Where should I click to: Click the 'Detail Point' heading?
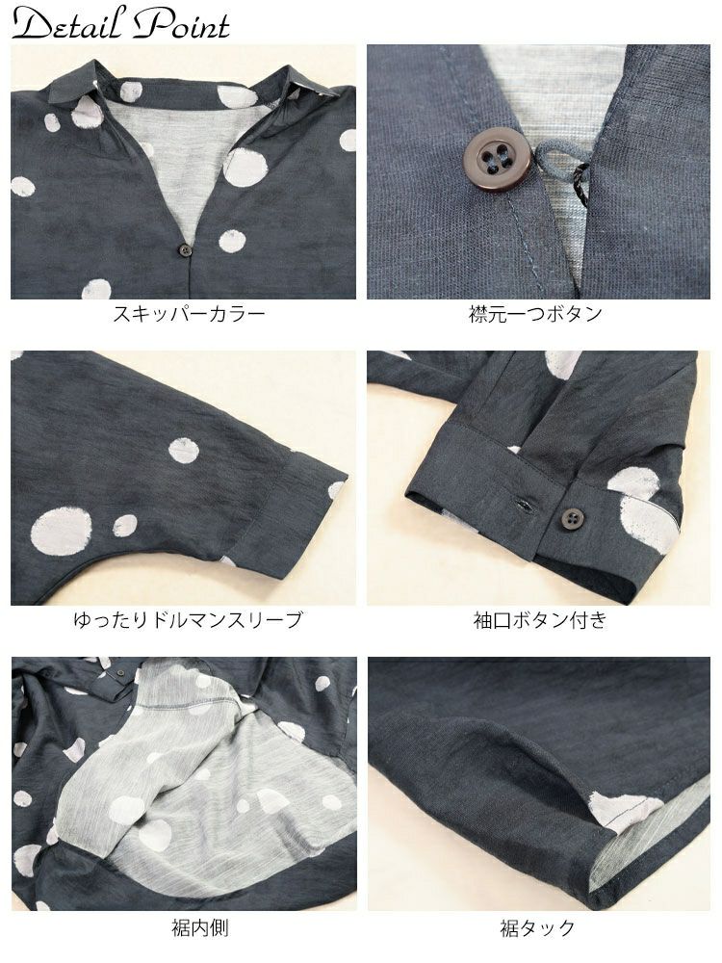120,24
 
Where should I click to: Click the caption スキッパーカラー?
189,314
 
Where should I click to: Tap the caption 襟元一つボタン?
535,314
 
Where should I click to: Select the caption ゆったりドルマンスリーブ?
188,619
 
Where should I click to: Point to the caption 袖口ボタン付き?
540,619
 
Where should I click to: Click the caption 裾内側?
200,926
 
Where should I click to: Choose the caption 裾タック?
538,926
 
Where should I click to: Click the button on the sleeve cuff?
572,517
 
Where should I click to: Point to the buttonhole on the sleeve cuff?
524,505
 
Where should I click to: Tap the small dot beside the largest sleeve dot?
124,526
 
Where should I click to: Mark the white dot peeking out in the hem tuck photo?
616,807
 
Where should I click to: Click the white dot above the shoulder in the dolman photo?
184,452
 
